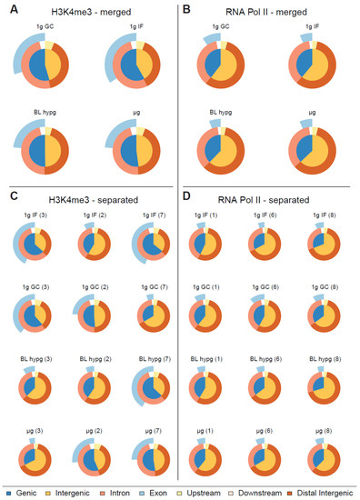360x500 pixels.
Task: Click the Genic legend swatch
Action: [x=9, y=490]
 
